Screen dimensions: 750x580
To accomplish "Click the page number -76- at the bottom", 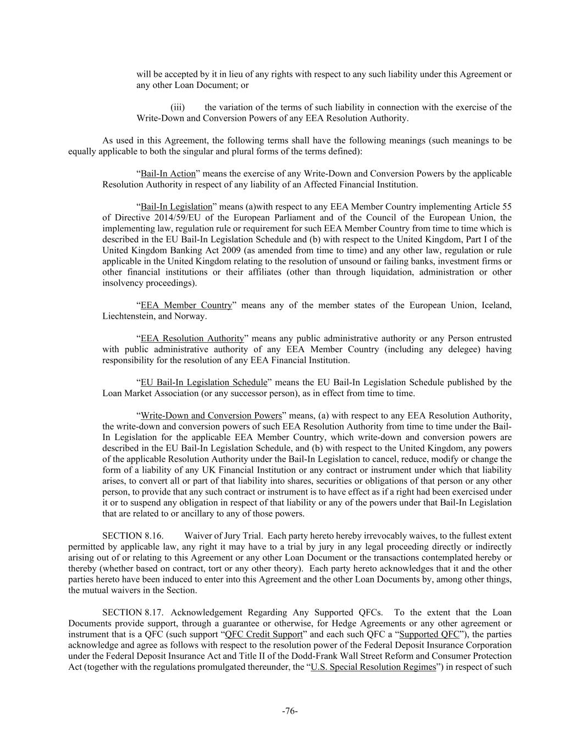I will (x=290, y=711).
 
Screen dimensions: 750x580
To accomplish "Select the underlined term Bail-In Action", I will (x=168, y=174).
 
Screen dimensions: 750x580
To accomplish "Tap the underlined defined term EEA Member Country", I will (x=186, y=305).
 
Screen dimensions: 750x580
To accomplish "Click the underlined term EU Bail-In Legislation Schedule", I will (x=204, y=382).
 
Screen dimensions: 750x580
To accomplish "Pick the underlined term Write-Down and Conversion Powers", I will (x=211, y=415).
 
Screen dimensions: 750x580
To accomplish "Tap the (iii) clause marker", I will (x=177, y=108).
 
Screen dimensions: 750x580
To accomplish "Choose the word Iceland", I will (x=497, y=305).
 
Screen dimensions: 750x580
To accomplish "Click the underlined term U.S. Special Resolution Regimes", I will (x=373, y=668).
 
